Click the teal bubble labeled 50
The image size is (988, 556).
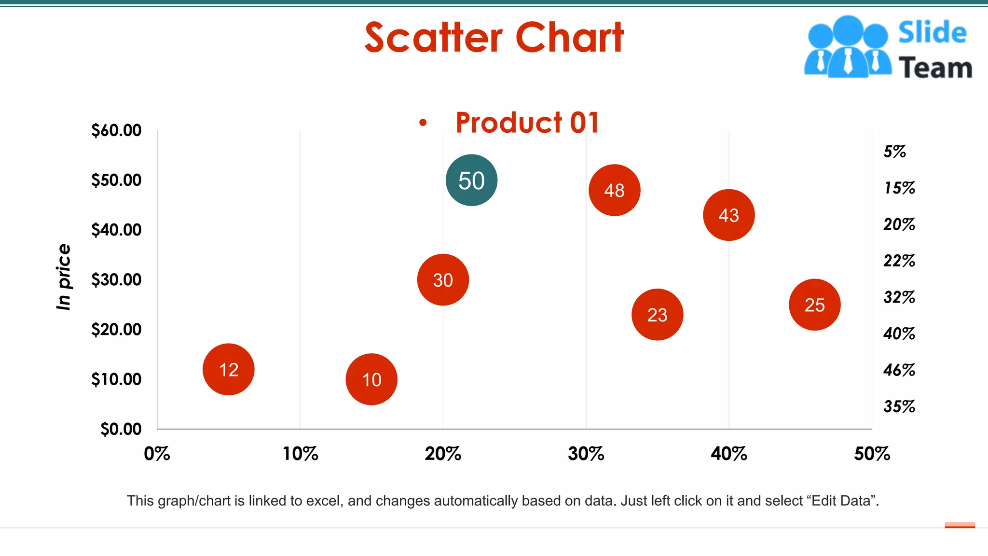[x=471, y=181]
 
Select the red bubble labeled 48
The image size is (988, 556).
[x=614, y=190]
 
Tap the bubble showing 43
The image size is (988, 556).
[x=728, y=215]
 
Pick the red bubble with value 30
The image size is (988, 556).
[x=443, y=280]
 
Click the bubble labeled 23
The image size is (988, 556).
[x=657, y=315]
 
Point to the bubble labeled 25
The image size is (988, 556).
[x=814, y=305]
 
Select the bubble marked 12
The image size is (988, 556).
[x=228, y=370]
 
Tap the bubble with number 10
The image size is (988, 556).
[x=371, y=379]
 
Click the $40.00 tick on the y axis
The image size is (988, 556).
[x=116, y=230]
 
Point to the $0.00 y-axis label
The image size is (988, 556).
[x=121, y=429]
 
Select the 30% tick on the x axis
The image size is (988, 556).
[x=586, y=454]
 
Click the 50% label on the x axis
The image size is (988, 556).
[x=871, y=454]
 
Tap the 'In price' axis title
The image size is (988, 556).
[x=64, y=277]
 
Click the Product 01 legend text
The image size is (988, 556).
[x=527, y=123]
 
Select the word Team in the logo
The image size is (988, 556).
[x=935, y=68]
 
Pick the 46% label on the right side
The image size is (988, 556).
[x=899, y=370]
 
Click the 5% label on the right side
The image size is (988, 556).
[x=894, y=152]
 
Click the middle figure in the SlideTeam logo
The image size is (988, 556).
[x=848, y=48]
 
